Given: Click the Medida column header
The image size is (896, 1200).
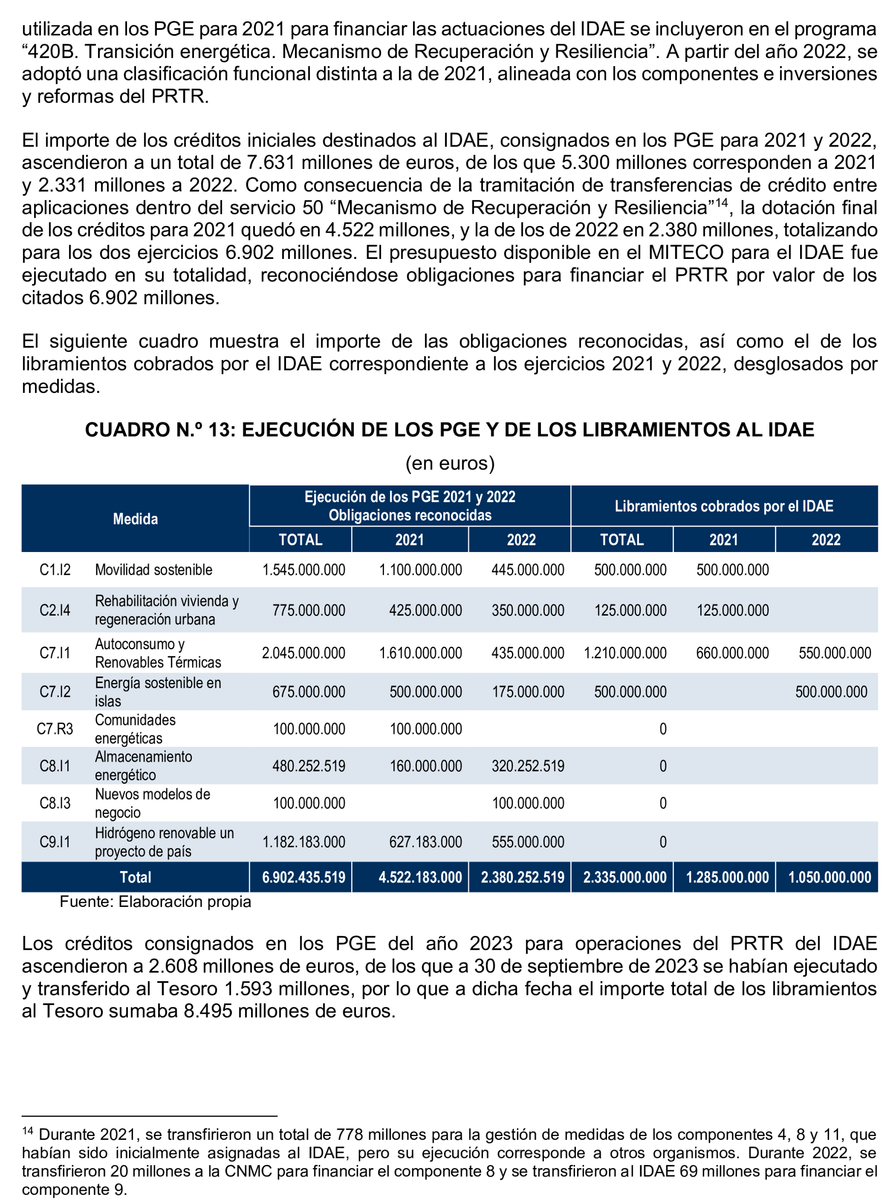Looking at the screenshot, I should [x=135, y=519].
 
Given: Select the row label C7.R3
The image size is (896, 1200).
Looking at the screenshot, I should [x=55, y=728].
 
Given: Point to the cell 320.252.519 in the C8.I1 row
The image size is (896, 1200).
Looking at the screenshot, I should [x=527, y=766].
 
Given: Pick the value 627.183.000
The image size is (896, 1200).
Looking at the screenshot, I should [x=425, y=842].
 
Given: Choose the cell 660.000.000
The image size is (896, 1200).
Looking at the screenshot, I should [x=732, y=653].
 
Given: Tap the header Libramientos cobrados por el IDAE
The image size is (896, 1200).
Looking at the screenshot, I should [x=724, y=506].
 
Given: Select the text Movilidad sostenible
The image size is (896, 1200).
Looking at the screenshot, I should [x=153, y=570].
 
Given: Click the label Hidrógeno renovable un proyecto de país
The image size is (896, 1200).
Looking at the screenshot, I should [x=164, y=842].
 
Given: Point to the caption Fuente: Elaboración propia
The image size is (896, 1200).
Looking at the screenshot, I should [x=155, y=902].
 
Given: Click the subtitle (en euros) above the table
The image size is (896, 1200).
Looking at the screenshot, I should [x=449, y=463].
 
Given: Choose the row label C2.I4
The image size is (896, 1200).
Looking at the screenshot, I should [x=55, y=610].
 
